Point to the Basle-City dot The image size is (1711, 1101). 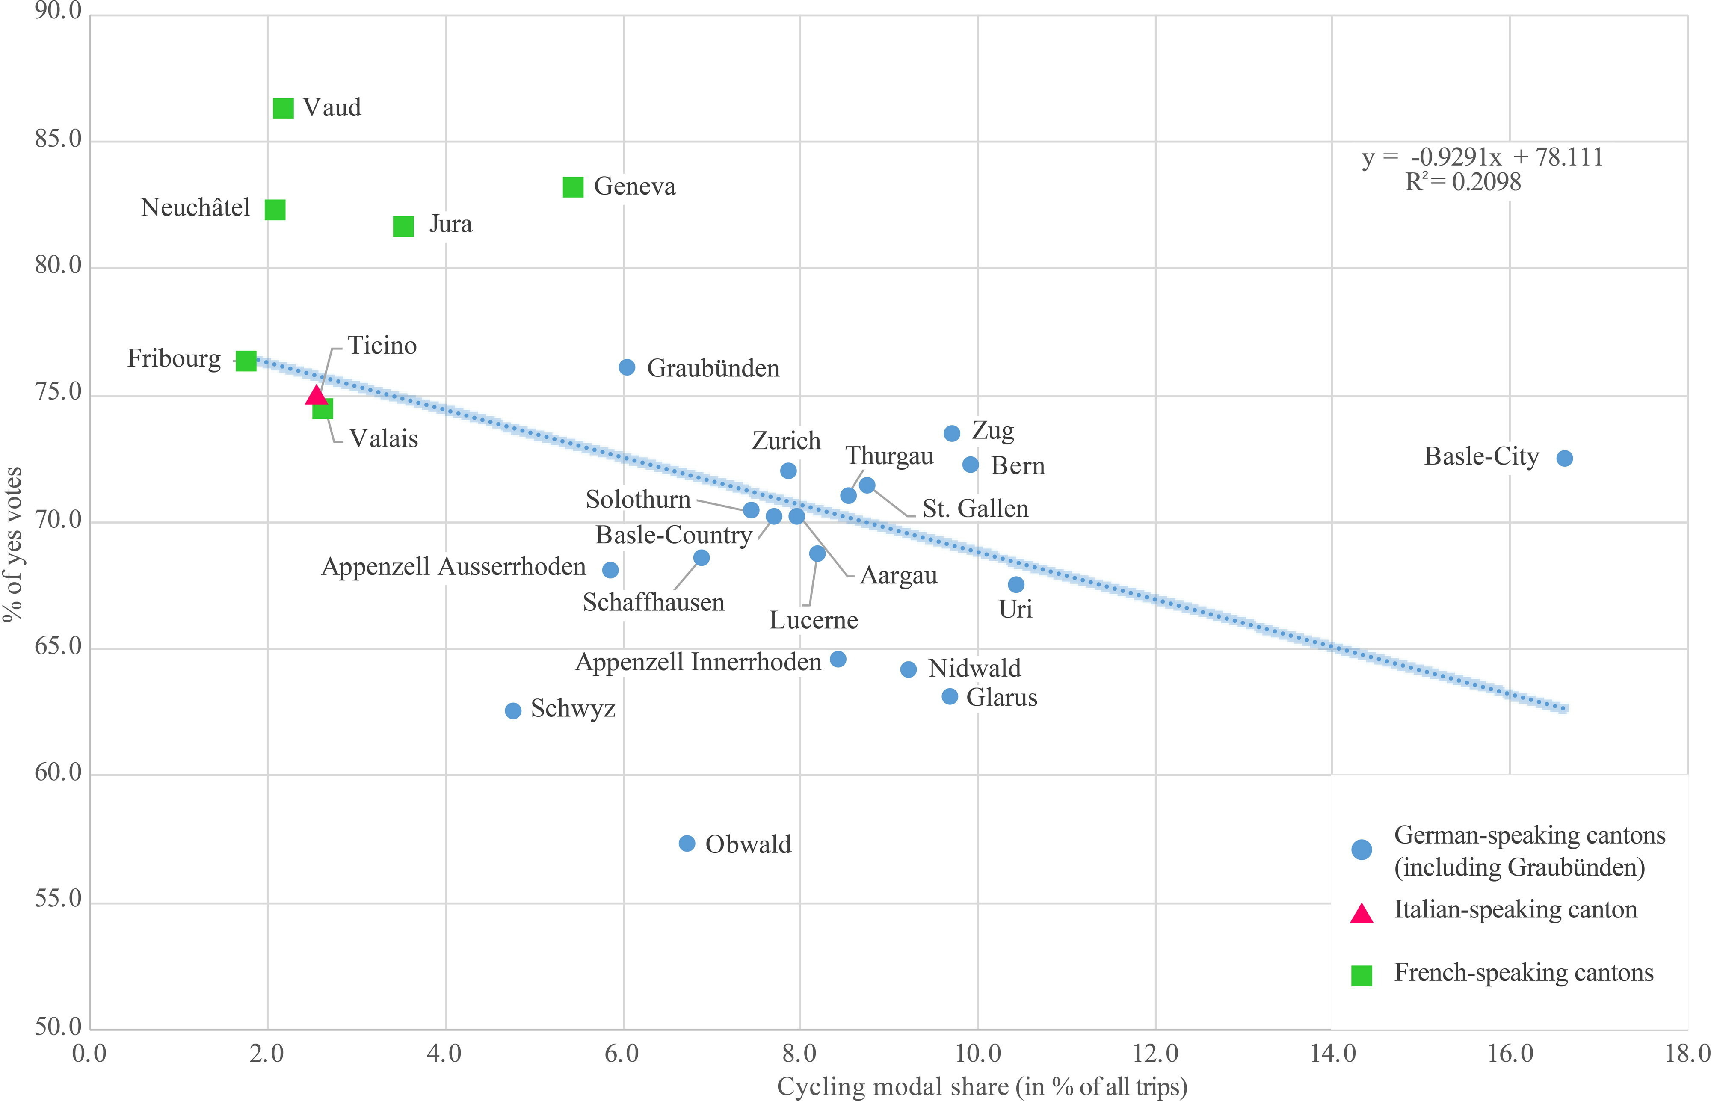(x=1564, y=458)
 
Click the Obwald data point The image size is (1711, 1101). (x=687, y=844)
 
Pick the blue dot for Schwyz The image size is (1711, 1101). (x=512, y=710)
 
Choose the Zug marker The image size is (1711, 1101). (x=952, y=433)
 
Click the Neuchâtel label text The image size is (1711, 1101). (x=195, y=208)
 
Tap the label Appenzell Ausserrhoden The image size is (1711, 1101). (x=453, y=567)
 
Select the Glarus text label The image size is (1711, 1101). (x=1002, y=698)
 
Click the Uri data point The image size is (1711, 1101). (x=1016, y=585)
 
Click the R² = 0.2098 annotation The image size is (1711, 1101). (x=1463, y=182)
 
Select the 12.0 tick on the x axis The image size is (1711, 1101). (x=1155, y=1053)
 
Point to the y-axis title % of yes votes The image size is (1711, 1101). (x=13, y=543)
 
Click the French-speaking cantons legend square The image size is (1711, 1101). (x=1362, y=975)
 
